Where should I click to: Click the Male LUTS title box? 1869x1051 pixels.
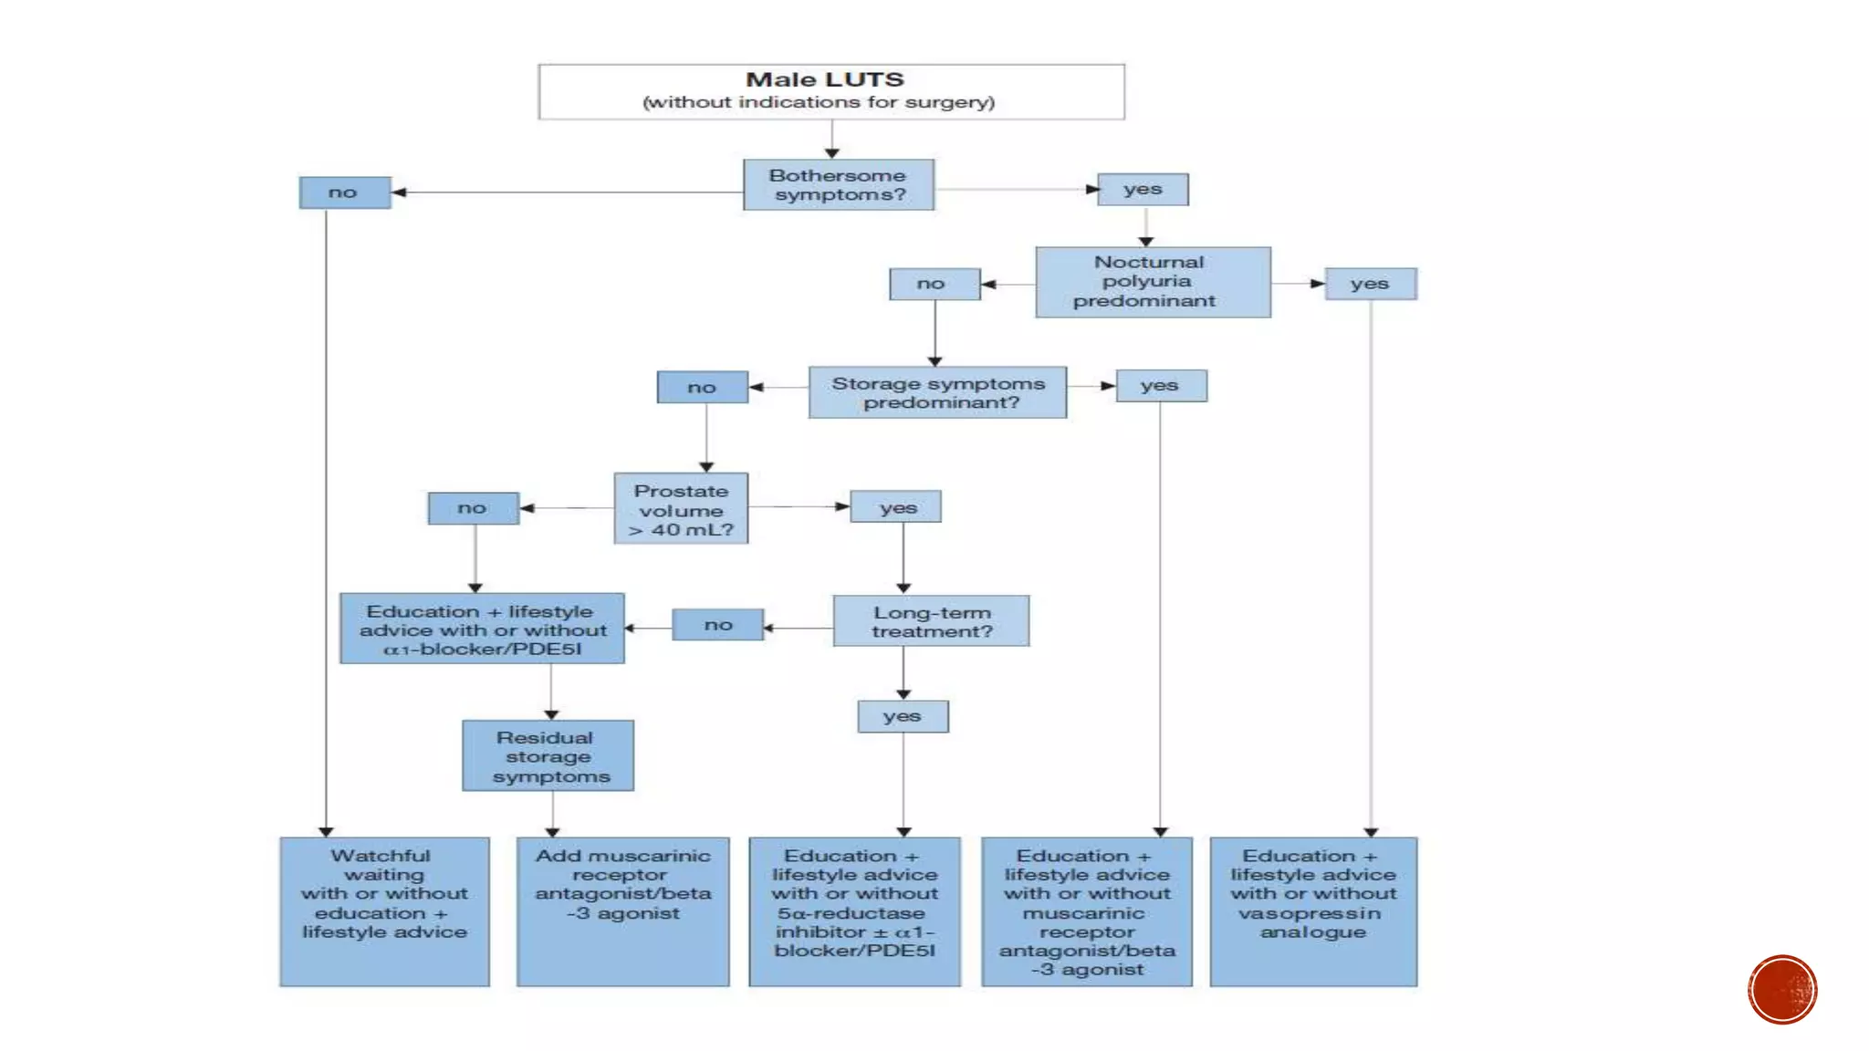click(x=831, y=91)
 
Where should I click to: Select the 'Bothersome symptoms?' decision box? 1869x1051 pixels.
click(x=839, y=184)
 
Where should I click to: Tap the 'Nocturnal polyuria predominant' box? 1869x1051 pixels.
click(x=1153, y=282)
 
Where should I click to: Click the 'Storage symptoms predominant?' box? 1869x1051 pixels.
click(x=937, y=392)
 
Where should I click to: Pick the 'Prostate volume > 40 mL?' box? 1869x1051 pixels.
click(x=681, y=508)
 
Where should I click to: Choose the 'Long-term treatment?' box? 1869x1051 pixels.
click(x=931, y=621)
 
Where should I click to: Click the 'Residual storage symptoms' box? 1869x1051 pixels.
click(x=548, y=755)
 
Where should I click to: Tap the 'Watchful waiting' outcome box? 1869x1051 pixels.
click(x=384, y=911)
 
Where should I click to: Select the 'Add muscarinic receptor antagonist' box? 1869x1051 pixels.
click(x=623, y=911)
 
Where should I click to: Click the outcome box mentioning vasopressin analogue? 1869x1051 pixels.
click(x=1313, y=911)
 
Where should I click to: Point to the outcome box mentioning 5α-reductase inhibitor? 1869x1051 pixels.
click(x=855, y=911)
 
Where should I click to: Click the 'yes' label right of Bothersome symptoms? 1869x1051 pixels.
click(x=1143, y=190)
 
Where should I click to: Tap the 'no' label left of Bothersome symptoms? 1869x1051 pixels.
click(x=345, y=193)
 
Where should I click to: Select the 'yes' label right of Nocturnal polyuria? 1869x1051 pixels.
click(x=1371, y=284)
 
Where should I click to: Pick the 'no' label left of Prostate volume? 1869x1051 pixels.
click(x=474, y=508)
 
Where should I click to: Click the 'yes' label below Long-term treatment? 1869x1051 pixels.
click(x=903, y=716)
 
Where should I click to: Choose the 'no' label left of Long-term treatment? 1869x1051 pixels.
click(x=718, y=625)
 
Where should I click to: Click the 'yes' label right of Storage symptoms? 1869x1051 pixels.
click(x=1161, y=386)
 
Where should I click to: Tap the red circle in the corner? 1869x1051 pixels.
click(x=1782, y=990)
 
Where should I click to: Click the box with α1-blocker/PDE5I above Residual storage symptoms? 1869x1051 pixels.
click(x=482, y=629)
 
